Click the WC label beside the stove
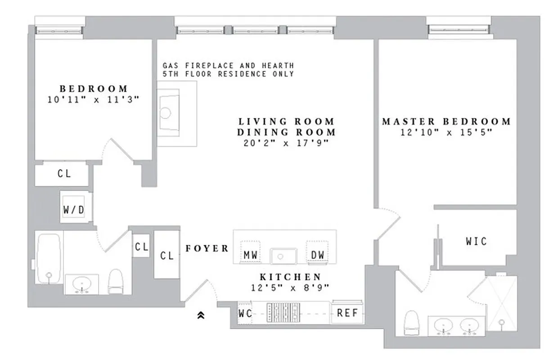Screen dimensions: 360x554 tap(245, 313)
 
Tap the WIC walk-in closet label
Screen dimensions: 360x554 tap(476, 242)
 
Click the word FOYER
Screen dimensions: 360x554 tap(207, 248)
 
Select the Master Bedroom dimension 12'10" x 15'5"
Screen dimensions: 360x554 tap(446, 132)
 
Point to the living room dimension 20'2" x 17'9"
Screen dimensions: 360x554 tap(287, 143)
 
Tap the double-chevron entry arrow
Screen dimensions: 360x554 tap(201, 316)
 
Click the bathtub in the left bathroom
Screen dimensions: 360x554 tap(50, 258)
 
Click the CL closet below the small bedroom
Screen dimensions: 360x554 tap(64, 174)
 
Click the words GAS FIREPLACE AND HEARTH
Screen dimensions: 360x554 tap(228, 66)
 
